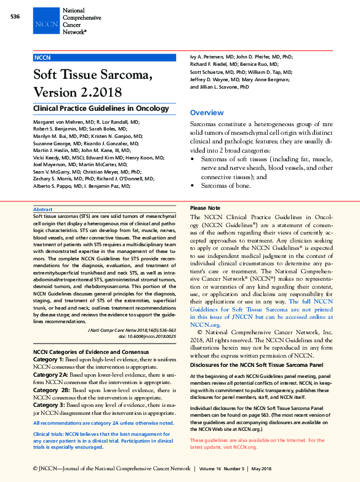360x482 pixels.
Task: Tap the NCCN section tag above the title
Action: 42,57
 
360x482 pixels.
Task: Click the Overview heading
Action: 207,113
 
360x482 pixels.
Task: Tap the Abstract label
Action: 42,210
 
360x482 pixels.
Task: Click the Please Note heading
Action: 205,209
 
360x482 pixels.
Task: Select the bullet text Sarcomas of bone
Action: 225,185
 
